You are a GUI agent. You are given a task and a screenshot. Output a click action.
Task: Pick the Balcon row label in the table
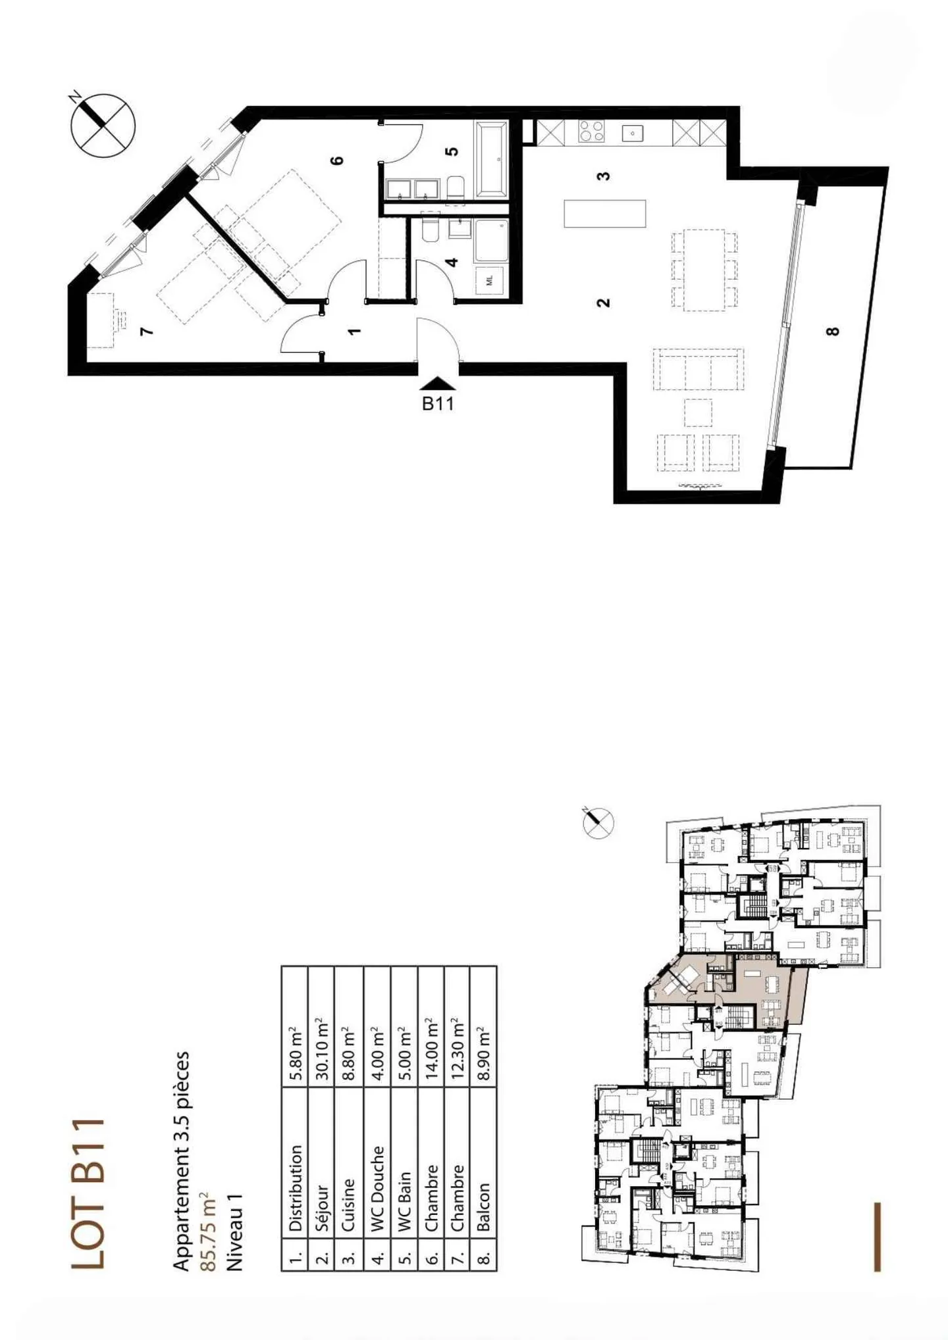click(483, 1207)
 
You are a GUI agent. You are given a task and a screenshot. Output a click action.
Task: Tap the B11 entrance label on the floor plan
click(438, 403)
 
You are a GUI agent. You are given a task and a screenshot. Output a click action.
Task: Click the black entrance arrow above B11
click(438, 383)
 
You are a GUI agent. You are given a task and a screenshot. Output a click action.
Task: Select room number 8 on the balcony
click(833, 331)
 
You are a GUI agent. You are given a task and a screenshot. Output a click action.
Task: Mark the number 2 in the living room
click(603, 303)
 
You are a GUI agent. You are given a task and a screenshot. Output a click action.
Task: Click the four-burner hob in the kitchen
click(591, 132)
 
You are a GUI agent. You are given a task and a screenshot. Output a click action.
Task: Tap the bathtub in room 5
click(491, 159)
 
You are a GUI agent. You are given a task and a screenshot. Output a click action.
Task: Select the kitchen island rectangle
click(604, 213)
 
